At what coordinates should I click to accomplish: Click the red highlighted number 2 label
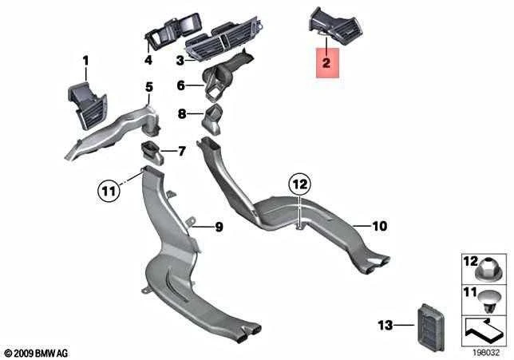tap(326, 62)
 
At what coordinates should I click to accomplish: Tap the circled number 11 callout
tap(109, 190)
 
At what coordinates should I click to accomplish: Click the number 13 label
tap(385, 325)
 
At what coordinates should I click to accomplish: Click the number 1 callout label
tap(85, 61)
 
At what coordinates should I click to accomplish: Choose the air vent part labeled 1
tap(87, 105)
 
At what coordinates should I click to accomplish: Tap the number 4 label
tap(148, 60)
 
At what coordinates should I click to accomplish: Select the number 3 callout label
tap(180, 61)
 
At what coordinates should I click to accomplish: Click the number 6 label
tap(181, 85)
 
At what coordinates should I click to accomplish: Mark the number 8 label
tap(182, 114)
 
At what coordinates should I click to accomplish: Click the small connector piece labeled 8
tap(211, 120)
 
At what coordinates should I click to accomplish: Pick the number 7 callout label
tap(182, 151)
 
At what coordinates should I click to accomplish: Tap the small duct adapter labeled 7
tap(152, 152)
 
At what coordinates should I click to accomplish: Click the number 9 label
tap(219, 227)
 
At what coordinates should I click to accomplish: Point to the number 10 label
tap(380, 226)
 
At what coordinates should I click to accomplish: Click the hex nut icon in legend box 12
tap(487, 270)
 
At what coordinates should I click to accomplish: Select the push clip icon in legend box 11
tap(488, 302)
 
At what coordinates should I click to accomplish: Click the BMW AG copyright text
tap(37, 353)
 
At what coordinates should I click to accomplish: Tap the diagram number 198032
tap(486, 353)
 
